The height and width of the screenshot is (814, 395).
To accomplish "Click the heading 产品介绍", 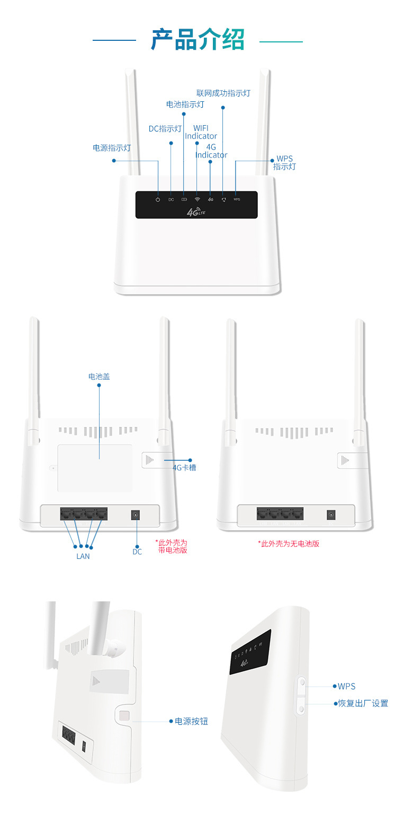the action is click(x=197, y=40).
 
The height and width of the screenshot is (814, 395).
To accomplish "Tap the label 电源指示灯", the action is click(x=112, y=148).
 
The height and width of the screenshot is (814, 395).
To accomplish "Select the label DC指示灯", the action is click(x=165, y=129).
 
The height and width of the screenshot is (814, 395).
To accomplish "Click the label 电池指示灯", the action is click(x=185, y=104).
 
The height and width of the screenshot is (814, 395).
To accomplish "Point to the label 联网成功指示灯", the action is click(x=223, y=93).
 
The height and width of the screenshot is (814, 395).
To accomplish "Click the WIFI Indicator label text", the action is click(x=201, y=132).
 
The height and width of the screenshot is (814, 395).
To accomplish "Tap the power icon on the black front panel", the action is click(x=158, y=199).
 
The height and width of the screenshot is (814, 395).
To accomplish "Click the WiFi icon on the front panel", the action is click(x=197, y=199).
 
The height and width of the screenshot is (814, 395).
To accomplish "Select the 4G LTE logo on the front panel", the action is click(x=196, y=213).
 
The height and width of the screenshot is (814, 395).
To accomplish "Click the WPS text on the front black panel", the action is click(x=236, y=199).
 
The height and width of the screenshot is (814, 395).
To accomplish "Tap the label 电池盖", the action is click(x=99, y=377).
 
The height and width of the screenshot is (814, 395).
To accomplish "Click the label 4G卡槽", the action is click(x=184, y=468).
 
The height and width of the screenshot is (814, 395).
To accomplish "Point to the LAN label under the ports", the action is click(x=83, y=556).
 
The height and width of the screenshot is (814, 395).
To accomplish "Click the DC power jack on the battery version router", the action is click(x=136, y=515).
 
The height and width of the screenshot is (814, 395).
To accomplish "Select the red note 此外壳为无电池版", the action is click(x=289, y=544).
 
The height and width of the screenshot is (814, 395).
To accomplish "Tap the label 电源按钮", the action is click(x=191, y=721).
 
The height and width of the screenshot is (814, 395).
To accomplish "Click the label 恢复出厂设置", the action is click(x=363, y=703).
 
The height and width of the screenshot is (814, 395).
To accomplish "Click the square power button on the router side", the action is click(x=124, y=715).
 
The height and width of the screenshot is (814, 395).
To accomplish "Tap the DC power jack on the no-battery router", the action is click(x=332, y=514).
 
